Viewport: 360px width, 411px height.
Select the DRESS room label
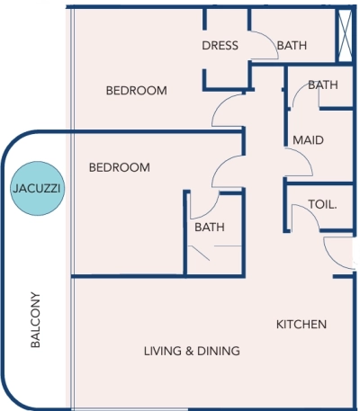point(220,46)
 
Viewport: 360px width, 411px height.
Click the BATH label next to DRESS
point(292,46)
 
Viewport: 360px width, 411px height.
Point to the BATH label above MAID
point(322,85)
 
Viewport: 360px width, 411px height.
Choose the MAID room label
point(308,140)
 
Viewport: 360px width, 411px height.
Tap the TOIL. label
point(322,204)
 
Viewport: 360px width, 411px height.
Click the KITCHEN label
point(301,324)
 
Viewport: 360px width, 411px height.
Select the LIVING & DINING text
point(192,351)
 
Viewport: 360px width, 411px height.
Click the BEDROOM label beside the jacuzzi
point(119,168)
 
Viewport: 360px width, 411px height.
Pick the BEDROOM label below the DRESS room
point(137,90)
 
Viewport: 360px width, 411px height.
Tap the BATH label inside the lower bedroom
point(209,228)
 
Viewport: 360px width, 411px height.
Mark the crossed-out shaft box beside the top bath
point(345,34)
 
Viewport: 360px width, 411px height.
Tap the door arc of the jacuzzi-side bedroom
point(229,169)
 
